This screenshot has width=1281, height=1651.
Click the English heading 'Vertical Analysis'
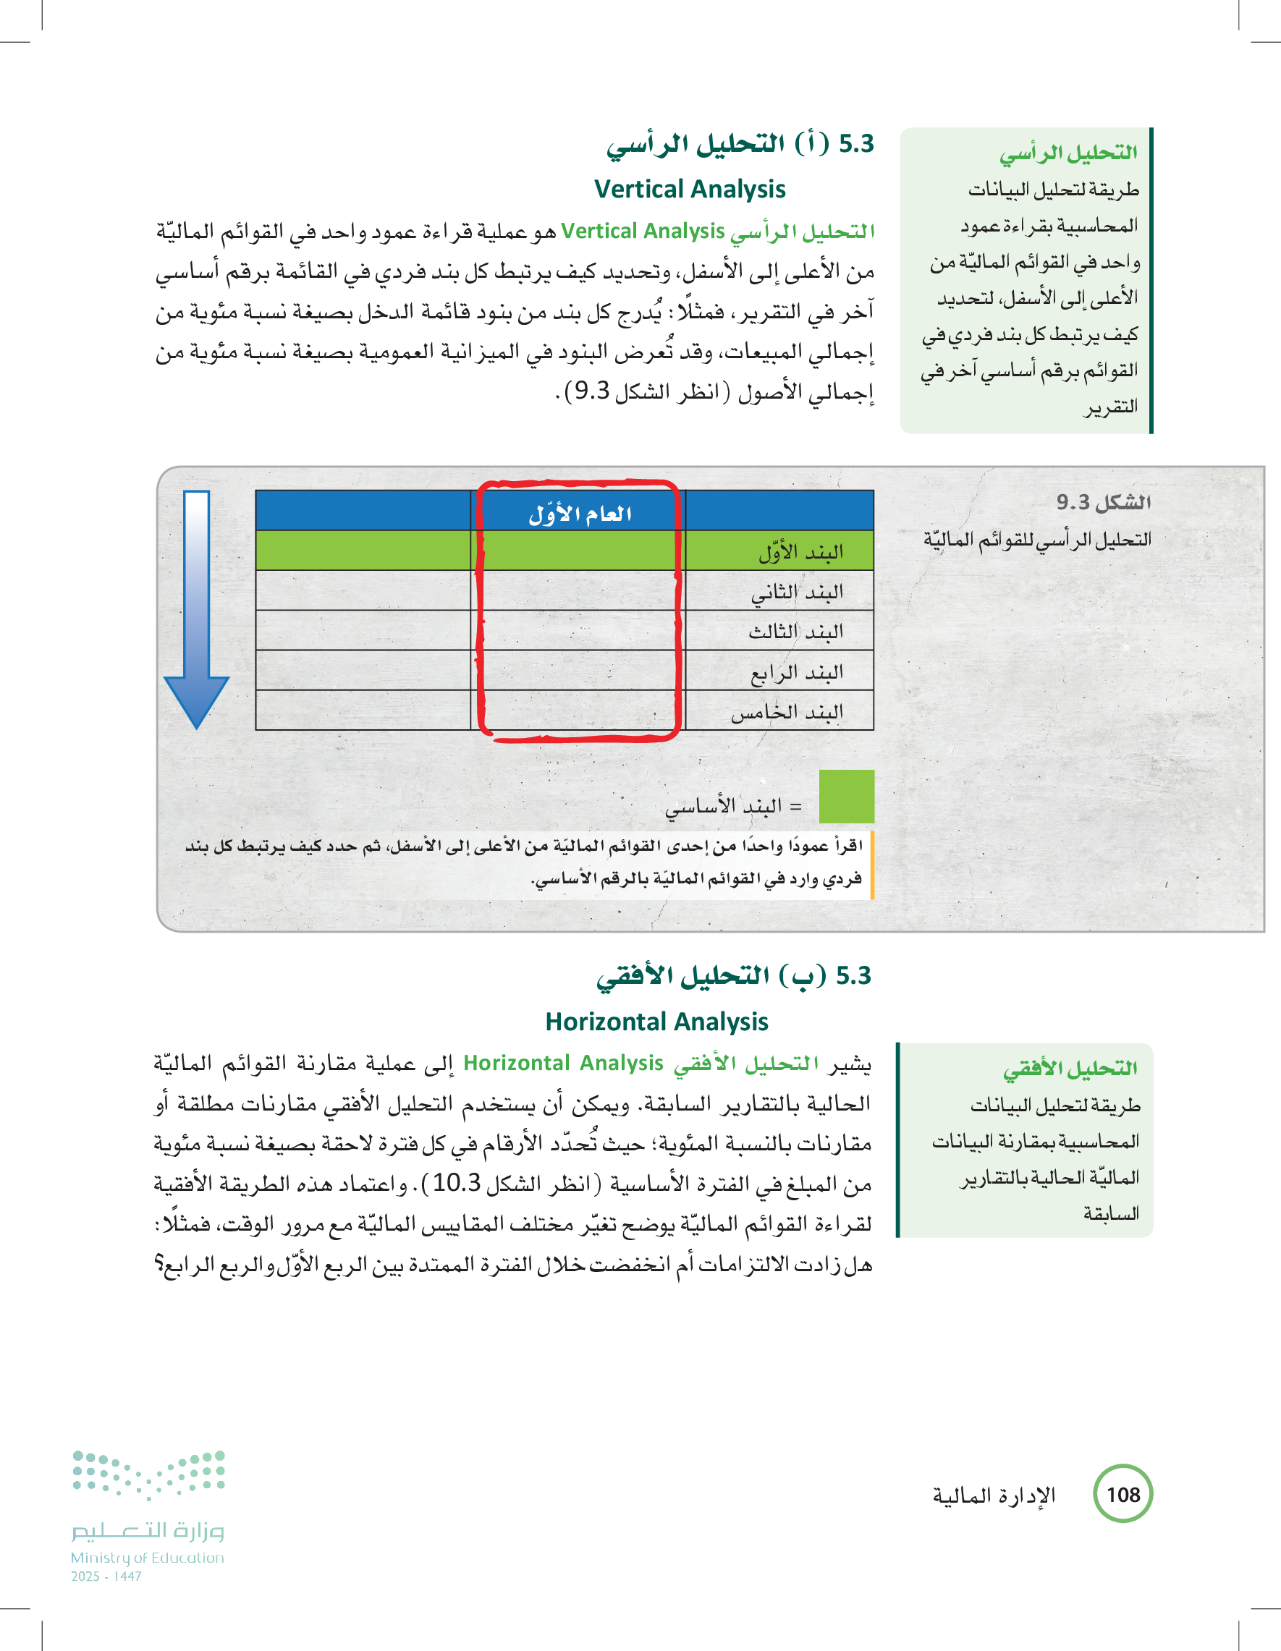click(690, 189)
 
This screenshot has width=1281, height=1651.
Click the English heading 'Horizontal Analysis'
click(656, 1022)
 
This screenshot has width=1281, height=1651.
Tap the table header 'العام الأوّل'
click(580, 514)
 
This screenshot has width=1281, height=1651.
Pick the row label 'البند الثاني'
click(797, 592)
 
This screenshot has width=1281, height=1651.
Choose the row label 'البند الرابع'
click(797, 672)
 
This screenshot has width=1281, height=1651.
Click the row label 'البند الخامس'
click(787, 712)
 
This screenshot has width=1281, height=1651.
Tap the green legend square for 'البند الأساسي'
click(846, 796)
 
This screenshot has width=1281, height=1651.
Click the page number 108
click(1123, 1495)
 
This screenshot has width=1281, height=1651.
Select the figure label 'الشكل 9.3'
click(1103, 502)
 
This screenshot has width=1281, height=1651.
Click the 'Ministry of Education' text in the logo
click(148, 1557)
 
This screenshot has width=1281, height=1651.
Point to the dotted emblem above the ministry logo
click(149, 1474)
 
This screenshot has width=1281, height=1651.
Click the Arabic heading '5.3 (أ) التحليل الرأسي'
click(740, 144)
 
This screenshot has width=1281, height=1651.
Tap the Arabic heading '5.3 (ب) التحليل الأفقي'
click(734, 976)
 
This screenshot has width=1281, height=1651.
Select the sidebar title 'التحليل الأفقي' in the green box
click(1070, 1068)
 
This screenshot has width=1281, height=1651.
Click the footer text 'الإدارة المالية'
click(994, 1495)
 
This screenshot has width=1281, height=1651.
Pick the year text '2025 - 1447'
click(106, 1576)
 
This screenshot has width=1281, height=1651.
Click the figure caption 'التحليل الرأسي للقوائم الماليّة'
click(1037, 540)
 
